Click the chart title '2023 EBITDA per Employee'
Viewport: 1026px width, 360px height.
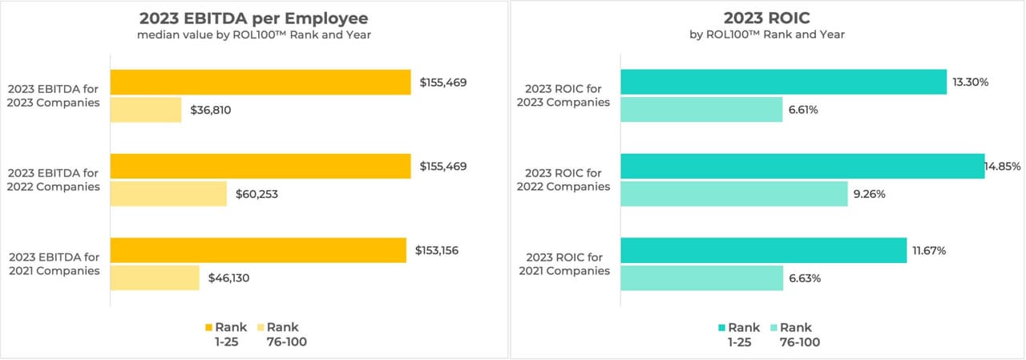pos(253,18)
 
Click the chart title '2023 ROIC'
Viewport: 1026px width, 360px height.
pos(768,18)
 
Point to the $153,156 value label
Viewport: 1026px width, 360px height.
pos(437,250)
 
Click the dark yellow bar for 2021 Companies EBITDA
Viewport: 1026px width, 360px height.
pos(258,250)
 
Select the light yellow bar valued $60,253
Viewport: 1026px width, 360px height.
pos(168,194)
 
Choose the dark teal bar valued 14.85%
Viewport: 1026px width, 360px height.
pos(802,166)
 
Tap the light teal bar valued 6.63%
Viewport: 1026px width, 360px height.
pos(701,278)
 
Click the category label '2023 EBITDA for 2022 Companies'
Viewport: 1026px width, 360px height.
pos(55,180)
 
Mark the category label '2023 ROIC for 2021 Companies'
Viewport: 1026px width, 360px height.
pos(568,264)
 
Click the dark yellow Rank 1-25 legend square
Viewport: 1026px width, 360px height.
pos(210,327)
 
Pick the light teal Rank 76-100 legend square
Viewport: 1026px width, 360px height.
pos(774,327)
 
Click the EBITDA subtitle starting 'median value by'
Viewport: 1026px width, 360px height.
pos(253,34)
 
